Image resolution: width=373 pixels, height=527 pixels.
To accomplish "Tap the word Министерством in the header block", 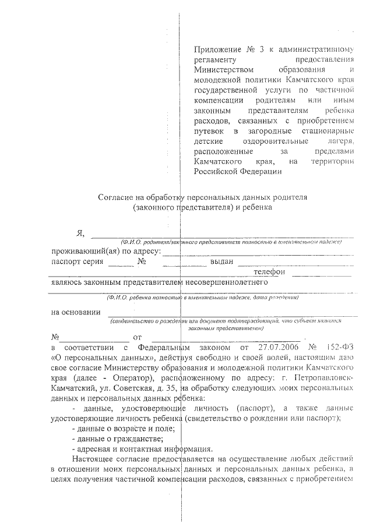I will tap(219, 70).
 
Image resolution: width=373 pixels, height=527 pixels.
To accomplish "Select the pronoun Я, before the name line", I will tap(80, 234).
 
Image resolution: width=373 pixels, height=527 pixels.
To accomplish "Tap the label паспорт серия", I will tap(76, 261).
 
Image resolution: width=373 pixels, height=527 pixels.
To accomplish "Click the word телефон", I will tap(269, 272).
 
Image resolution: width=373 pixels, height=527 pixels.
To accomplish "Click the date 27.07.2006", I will tap(272, 348).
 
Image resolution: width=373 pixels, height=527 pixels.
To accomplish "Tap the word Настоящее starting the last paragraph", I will tap(93, 459).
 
